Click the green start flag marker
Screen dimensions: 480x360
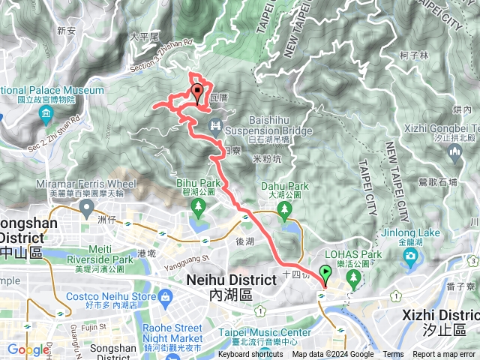coord(325,274)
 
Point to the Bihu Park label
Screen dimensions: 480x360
coord(199,182)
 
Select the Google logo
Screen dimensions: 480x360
coord(28,349)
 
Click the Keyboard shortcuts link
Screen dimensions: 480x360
coord(250,355)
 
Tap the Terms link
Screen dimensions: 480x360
coord(393,355)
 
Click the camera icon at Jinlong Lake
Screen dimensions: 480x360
coord(410,259)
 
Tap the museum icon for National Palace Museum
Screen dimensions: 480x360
coord(46,114)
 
